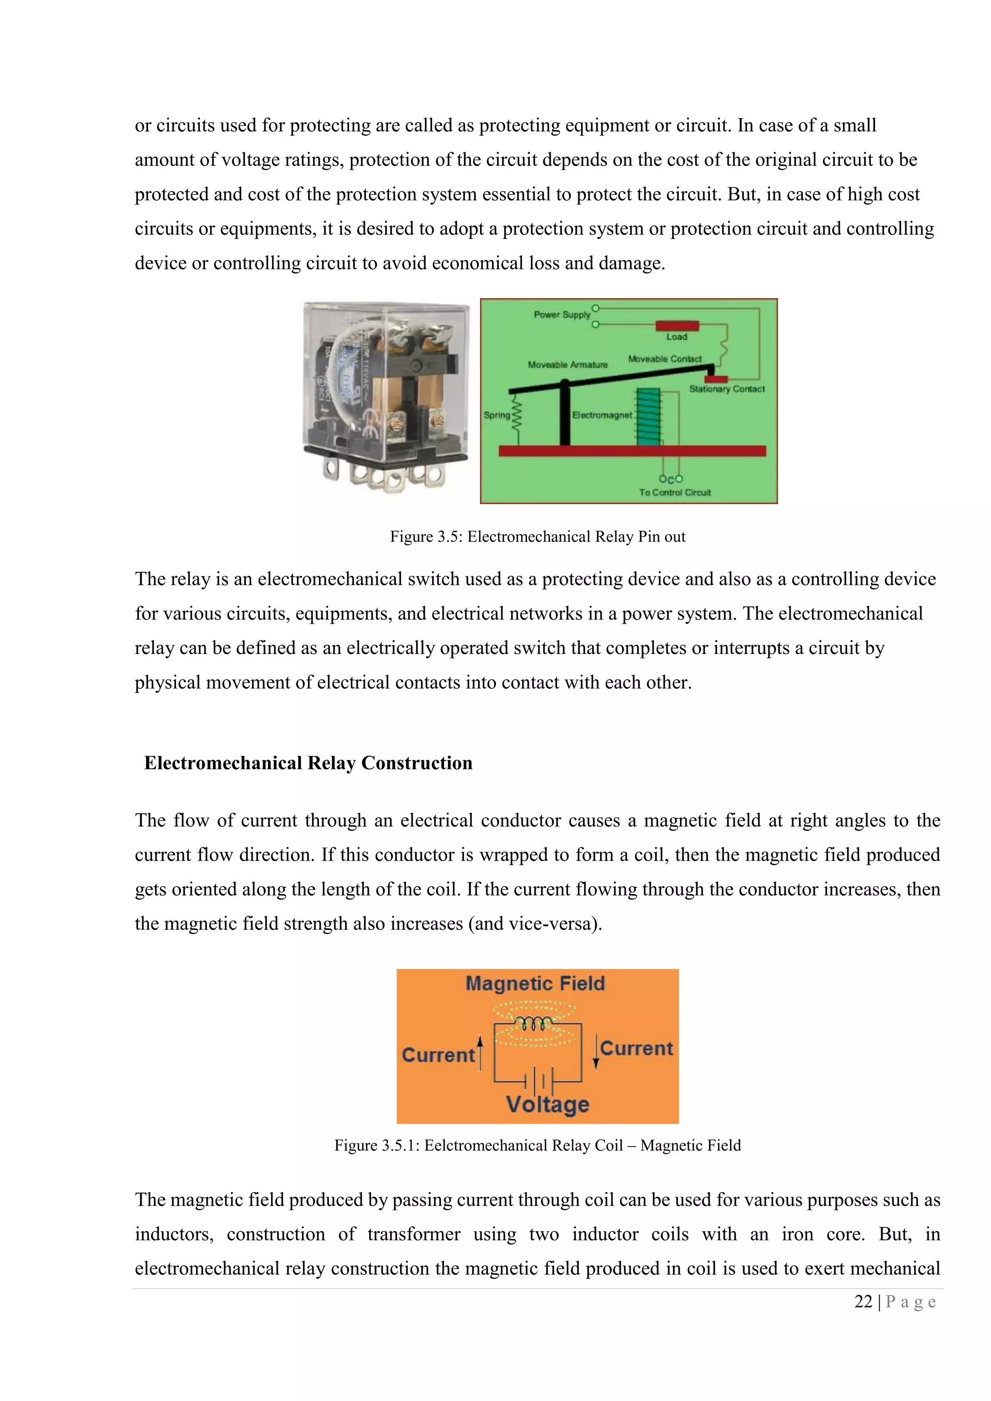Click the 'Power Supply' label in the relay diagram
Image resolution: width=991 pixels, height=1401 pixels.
tap(561, 315)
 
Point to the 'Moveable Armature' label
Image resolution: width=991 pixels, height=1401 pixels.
tap(568, 365)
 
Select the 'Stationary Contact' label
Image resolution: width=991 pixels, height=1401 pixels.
tap(726, 388)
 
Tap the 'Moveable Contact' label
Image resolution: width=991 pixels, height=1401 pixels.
tap(664, 359)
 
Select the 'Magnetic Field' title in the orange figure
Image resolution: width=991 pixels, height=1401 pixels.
tap(535, 984)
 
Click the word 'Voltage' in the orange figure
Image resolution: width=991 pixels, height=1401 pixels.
tap(547, 1104)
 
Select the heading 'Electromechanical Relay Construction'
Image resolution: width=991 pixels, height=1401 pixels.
tap(308, 763)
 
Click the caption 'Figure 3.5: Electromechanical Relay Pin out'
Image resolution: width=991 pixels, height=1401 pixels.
tap(538, 537)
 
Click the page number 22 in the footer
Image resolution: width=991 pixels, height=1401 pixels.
tap(863, 1301)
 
